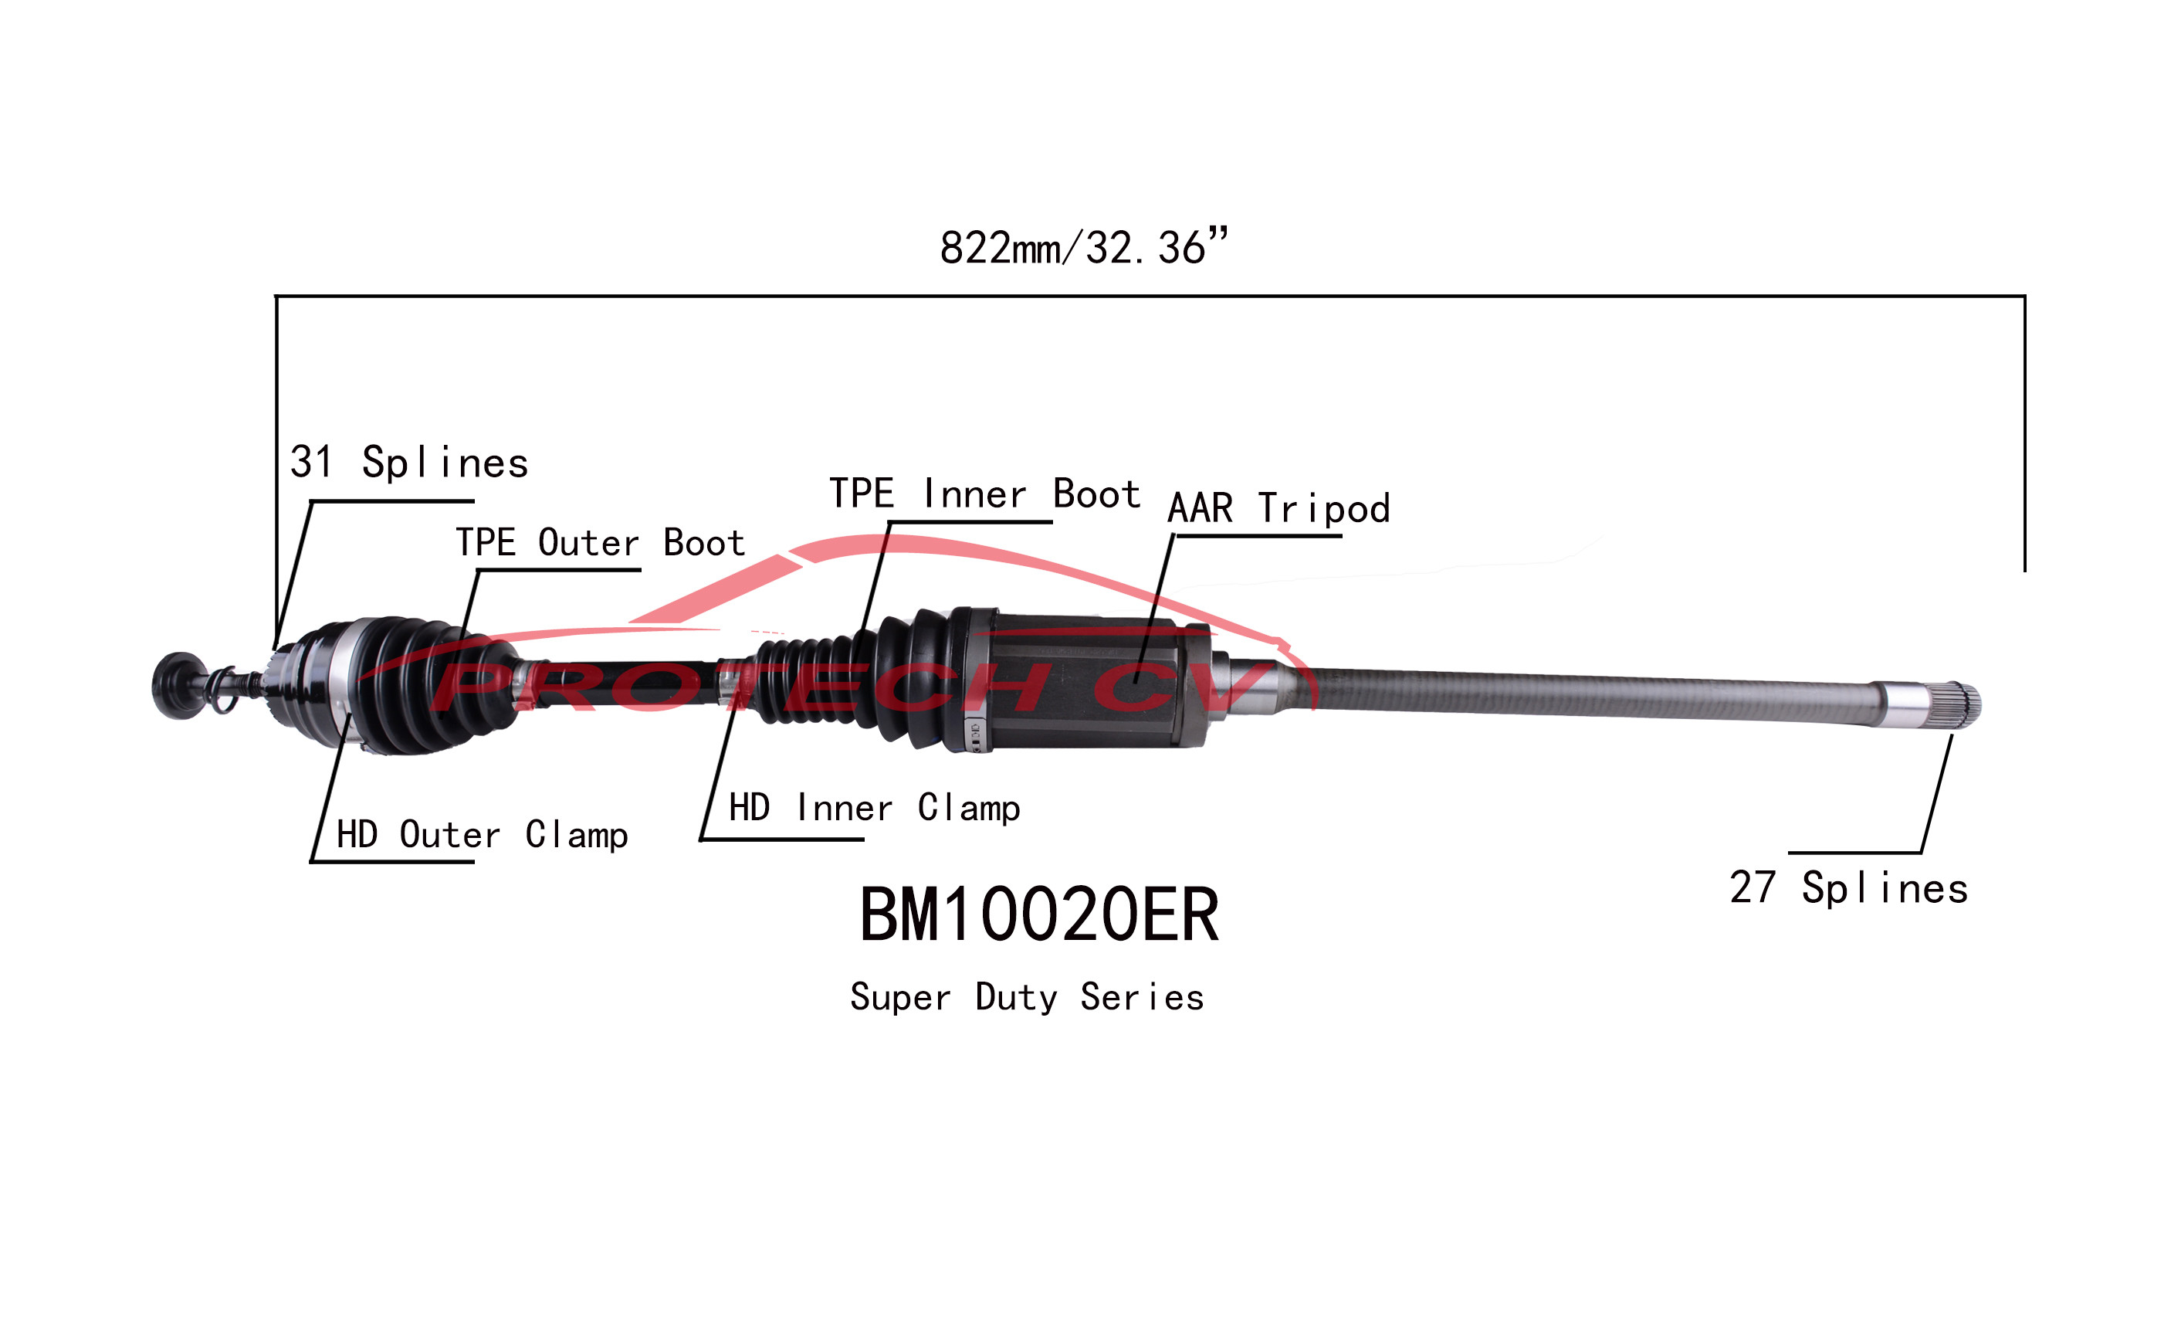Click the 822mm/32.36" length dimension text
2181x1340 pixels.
[1083, 247]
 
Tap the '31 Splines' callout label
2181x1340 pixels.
[408, 463]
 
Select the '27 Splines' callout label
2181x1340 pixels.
[1848, 889]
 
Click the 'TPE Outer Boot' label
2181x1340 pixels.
[600, 542]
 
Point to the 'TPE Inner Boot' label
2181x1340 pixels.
[984, 494]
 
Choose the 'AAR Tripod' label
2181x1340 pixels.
[1278, 509]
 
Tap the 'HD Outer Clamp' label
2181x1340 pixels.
[482, 835]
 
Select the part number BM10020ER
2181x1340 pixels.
[1038, 915]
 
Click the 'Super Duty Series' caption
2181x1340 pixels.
[1027, 997]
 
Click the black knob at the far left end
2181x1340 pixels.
[178, 685]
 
